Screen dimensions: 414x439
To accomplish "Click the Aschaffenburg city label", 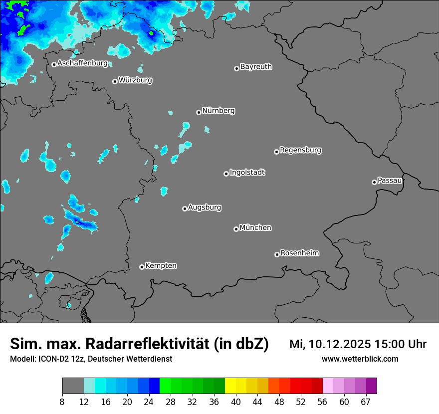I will (82, 63).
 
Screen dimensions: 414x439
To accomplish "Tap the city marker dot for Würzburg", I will (115, 81).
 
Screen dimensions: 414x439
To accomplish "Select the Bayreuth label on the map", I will (256, 66).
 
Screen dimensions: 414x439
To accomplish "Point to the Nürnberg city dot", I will (199, 112).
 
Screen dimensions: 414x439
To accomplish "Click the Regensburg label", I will (300, 150).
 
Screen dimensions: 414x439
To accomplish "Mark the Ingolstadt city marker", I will (226, 174).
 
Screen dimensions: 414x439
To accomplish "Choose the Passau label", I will (390, 180).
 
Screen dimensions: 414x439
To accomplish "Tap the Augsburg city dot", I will (185, 208).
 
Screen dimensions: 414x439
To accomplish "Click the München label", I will (255, 227).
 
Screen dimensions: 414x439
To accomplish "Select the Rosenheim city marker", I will (277, 254).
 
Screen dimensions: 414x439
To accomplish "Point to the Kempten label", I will (161, 265).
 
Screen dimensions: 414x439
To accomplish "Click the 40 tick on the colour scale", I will (236, 402).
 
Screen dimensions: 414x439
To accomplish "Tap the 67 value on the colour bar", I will (366, 402).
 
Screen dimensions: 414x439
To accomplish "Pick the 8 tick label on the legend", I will (62, 402).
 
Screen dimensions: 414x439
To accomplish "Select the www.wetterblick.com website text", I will (360, 359).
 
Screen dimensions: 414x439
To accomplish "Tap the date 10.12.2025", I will (337, 344).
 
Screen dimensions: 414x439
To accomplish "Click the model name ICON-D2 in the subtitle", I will (52, 359).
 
